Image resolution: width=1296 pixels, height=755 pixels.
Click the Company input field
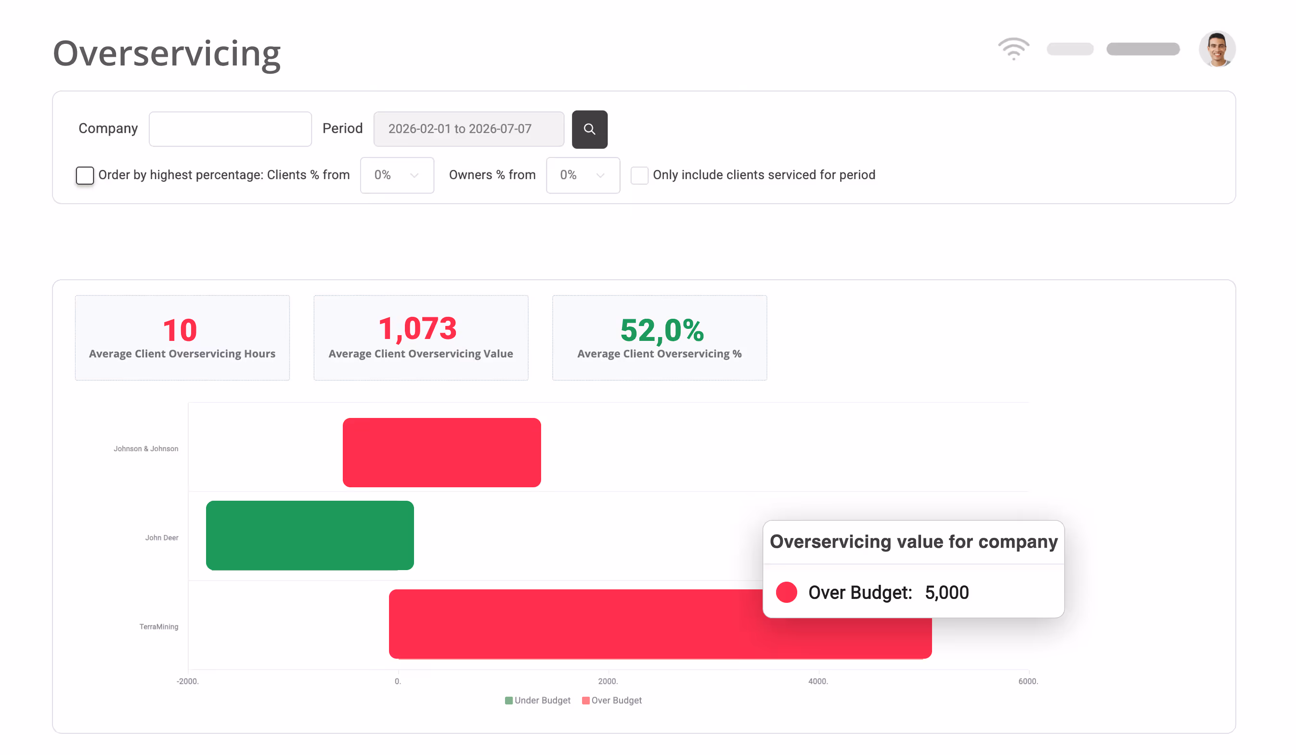(231, 129)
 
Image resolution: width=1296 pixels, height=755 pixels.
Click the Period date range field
(469, 129)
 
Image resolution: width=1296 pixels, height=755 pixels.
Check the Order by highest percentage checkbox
(85, 175)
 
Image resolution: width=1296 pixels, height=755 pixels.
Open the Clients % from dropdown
(397, 175)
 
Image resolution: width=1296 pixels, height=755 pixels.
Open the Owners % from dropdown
(583, 175)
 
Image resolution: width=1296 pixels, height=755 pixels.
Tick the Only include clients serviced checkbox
(639, 175)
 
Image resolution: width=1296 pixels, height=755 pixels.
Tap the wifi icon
(1014, 49)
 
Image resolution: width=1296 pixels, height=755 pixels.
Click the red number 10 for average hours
(180, 330)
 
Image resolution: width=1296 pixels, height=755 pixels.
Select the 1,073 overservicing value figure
(417, 329)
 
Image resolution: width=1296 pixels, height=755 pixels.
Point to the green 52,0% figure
(662, 330)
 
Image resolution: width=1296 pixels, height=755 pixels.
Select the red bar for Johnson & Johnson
(442, 453)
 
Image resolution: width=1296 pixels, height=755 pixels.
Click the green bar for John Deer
(310, 535)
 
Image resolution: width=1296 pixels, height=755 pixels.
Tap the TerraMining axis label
(159, 626)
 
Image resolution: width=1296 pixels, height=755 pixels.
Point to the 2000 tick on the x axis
(608, 681)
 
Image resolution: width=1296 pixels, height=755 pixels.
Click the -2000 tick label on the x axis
(188, 681)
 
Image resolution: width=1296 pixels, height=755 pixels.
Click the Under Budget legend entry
(537, 701)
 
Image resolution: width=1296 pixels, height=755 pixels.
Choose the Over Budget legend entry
(612, 701)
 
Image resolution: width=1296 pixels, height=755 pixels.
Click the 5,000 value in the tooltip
(947, 592)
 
